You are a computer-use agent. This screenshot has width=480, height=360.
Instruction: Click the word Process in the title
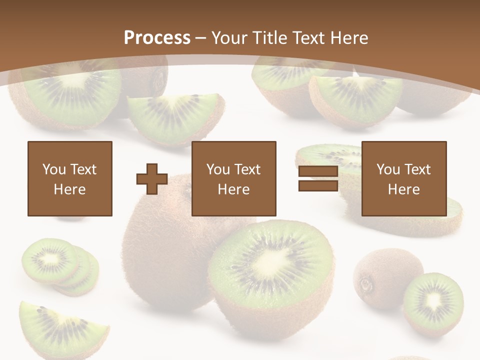[x=157, y=38]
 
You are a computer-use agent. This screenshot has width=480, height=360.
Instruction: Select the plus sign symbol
[x=152, y=178]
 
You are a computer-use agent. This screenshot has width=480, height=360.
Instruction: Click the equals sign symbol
[x=318, y=178]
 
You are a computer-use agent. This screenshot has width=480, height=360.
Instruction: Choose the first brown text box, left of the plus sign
[x=69, y=178]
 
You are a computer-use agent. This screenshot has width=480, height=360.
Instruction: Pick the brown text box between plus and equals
[x=233, y=178]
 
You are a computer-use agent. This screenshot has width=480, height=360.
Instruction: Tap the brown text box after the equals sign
[x=403, y=178]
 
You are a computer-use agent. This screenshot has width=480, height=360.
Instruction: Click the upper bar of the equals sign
[x=318, y=171]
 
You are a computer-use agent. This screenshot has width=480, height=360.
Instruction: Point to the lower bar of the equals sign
[x=318, y=185]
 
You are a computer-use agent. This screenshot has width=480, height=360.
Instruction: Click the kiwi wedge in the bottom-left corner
[x=60, y=330]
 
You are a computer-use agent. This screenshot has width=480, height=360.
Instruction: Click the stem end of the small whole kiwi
[x=366, y=285]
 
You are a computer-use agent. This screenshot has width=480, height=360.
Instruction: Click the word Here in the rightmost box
[x=403, y=189]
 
